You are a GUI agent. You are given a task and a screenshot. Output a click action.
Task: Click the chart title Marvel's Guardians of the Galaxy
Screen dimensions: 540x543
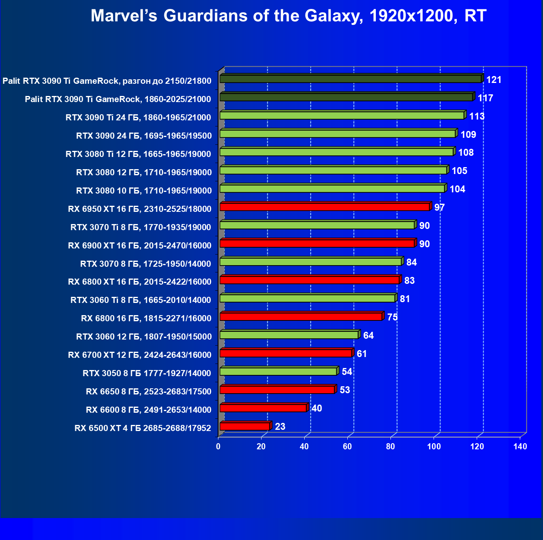click(288, 16)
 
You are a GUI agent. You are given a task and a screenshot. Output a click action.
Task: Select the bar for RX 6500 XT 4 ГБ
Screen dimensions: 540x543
click(244, 426)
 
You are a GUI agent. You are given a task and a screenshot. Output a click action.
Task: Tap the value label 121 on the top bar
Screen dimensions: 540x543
click(494, 80)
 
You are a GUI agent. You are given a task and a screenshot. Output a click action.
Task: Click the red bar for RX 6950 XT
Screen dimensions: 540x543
click(325, 207)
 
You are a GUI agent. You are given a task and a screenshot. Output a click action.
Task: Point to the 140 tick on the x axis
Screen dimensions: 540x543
click(520, 446)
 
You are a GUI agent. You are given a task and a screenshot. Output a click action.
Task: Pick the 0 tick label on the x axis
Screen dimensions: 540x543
click(218, 446)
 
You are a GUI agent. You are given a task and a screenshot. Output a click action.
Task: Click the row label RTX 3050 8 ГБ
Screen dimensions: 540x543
click(147, 373)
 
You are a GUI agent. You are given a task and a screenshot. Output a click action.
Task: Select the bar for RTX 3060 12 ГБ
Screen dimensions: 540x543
click(289, 335)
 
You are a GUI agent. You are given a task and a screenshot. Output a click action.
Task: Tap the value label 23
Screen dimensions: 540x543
click(280, 427)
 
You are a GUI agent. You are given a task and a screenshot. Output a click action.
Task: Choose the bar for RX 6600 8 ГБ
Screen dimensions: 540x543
click(263, 408)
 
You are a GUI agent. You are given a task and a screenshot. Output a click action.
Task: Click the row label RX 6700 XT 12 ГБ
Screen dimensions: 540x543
click(140, 355)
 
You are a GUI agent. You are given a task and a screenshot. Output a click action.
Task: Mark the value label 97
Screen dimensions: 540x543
click(439, 207)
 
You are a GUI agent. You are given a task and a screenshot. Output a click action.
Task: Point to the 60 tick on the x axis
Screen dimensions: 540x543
click(347, 446)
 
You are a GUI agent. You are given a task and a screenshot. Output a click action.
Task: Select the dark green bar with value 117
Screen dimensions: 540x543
click(346, 97)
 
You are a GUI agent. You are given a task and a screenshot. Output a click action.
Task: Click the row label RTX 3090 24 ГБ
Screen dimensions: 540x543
click(144, 136)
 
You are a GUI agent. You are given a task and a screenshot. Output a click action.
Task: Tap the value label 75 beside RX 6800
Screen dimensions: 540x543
click(393, 317)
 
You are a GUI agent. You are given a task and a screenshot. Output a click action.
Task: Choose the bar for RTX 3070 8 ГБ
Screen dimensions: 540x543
click(311, 261)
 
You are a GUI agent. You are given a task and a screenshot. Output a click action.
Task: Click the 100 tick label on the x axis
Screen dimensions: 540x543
click(434, 446)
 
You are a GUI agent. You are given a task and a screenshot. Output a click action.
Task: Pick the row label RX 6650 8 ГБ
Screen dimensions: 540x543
click(148, 392)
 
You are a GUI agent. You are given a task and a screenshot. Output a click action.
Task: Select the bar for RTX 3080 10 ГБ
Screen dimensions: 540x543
click(332, 189)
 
